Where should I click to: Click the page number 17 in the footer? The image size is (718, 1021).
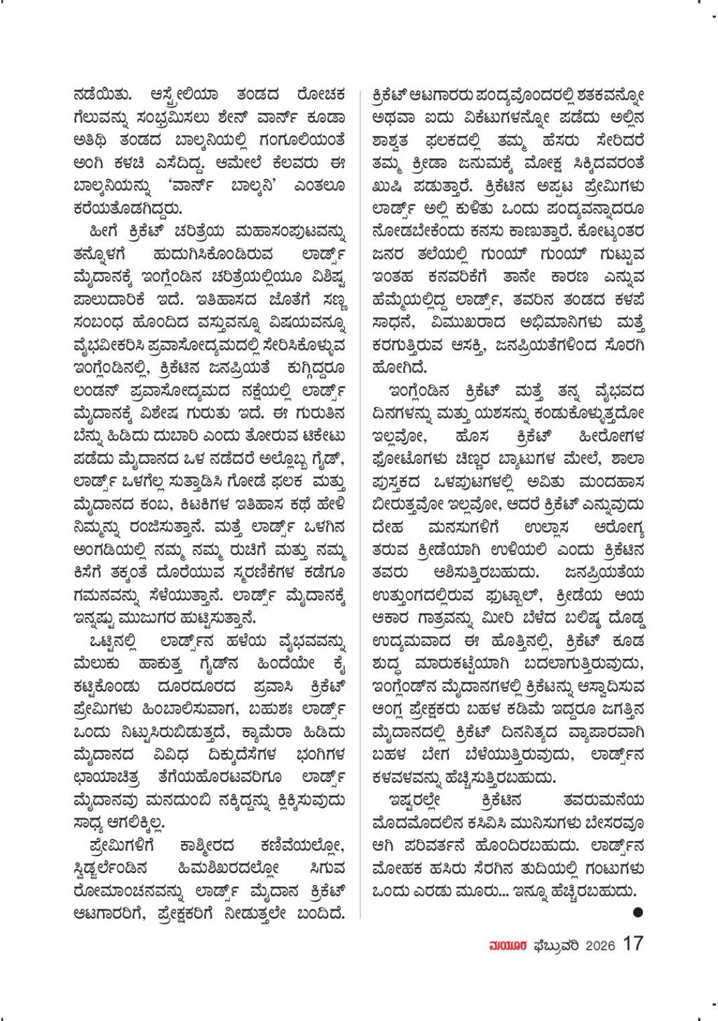633,943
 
